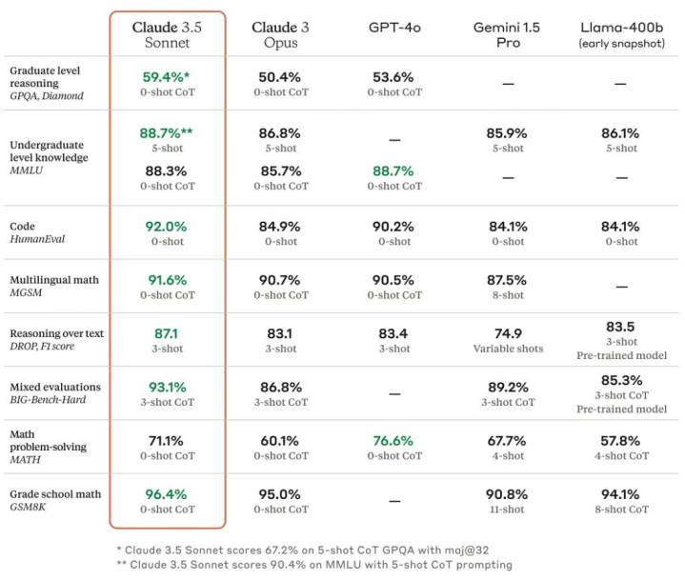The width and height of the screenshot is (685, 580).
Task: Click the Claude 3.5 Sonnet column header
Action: tap(167, 34)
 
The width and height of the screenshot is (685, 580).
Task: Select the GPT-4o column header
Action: tap(393, 27)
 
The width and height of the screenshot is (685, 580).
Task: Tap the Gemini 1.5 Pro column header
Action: tap(508, 34)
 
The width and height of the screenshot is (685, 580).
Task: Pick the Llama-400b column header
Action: tap(620, 34)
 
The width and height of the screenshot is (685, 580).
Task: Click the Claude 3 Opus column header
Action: tap(280, 34)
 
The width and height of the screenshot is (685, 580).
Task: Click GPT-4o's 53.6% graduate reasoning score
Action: tap(393, 76)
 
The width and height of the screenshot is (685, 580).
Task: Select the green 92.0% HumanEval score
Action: tap(167, 229)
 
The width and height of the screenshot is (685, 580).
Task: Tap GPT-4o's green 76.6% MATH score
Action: tap(393, 441)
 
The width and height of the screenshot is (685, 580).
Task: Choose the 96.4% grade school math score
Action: tap(167, 494)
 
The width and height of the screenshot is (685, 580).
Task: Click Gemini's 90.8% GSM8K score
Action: tap(508, 494)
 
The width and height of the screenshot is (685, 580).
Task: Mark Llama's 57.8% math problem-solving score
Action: tap(620, 441)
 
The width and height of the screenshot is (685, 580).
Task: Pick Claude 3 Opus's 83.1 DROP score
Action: tap(280, 334)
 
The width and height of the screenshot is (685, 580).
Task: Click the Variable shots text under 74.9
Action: tap(508, 349)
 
